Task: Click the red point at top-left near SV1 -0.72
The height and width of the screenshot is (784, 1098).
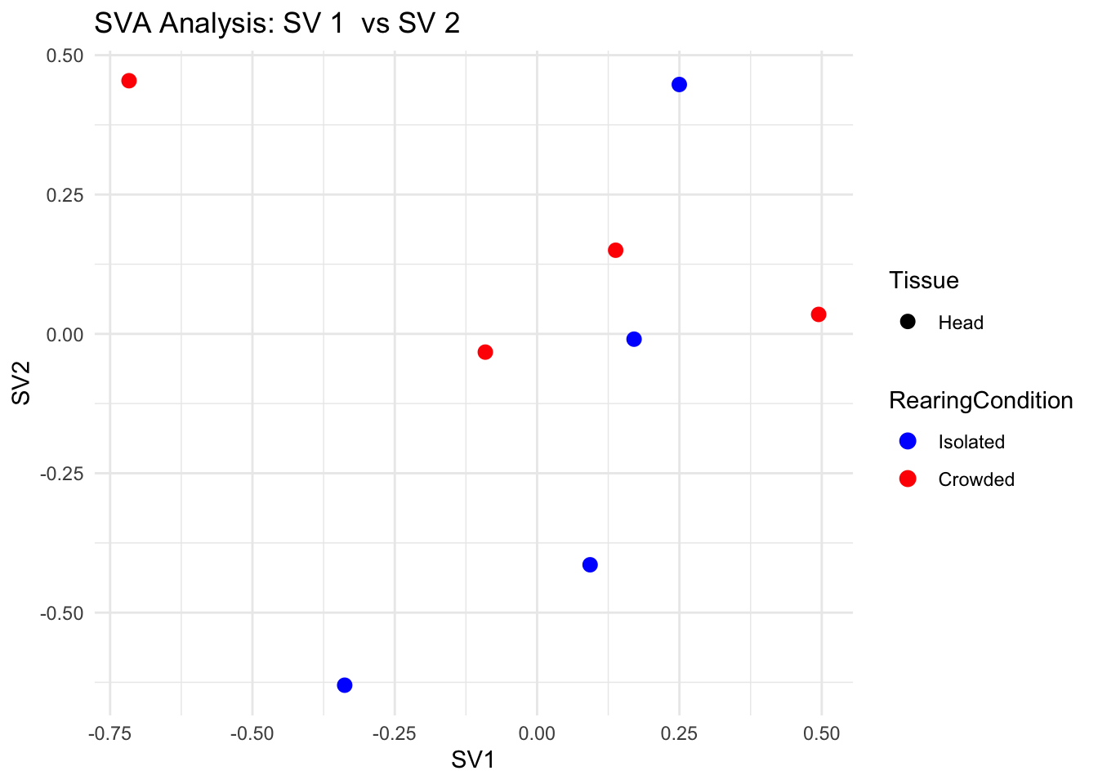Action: tap(129, 81)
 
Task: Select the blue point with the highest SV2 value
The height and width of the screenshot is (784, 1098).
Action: tap(679, 85)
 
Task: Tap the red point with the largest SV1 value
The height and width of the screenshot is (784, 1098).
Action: tap(819, 314)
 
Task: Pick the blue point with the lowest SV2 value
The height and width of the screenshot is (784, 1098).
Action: tap(345, 685)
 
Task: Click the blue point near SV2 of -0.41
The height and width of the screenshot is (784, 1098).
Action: tap(590, 565)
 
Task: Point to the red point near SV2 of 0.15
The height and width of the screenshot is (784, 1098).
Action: tap(616, 250)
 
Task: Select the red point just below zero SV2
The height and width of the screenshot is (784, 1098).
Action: tap(485, 352)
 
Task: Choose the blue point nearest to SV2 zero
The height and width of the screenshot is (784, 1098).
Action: tap(634, 339)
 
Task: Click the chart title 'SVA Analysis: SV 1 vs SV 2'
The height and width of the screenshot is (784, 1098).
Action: tap(277, 23)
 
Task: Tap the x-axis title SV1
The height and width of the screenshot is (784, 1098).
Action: tap(473, 760)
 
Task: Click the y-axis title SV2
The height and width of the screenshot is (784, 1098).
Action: tap(21, 382)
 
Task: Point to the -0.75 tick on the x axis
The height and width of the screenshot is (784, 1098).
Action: tap(109, 733)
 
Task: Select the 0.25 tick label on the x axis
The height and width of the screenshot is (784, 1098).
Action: tap(679, 733)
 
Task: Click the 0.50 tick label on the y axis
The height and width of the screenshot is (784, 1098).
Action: tap(66, 56)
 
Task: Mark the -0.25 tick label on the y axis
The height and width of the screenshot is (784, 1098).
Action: tap(62, 473)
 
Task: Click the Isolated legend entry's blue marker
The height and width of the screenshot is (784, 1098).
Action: tap(907, 442)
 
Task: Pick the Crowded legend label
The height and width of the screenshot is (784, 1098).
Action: tap(976, 479)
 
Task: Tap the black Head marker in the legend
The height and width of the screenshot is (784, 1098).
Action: tap(907, 322)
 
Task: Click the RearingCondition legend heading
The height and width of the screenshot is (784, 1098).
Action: tap(980, 400)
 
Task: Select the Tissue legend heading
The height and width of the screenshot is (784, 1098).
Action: tap(924, 280)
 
